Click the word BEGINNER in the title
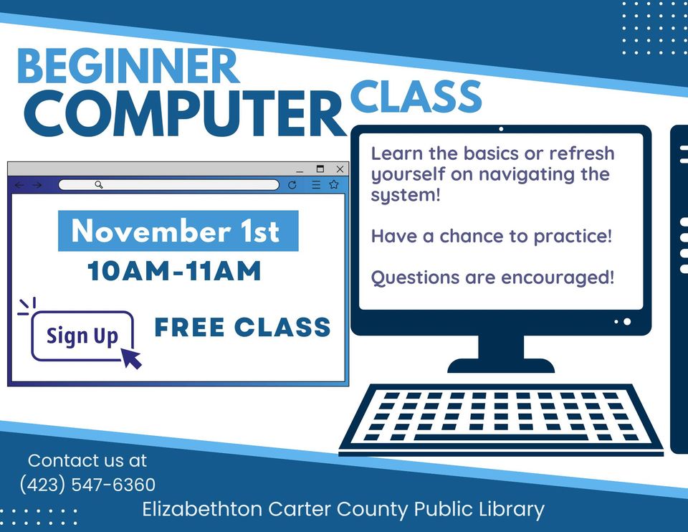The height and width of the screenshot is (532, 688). pos(128,65)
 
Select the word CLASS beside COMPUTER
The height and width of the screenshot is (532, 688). pos(416,96)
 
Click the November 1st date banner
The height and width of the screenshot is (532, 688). pos(178,231)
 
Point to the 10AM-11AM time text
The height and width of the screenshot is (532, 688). pos(174,272)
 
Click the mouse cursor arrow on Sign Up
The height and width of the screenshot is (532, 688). pos(130,357)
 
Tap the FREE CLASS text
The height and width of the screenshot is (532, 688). pos(242,328)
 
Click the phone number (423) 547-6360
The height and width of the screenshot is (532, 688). pos(87,484)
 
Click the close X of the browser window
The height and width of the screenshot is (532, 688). pos(340,169)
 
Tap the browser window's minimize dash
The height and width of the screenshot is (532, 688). pos(300,171)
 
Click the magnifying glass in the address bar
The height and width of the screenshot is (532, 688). pos(99,185)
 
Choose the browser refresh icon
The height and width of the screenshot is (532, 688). pos(292,185)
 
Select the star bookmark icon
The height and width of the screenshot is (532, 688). pos(333,185)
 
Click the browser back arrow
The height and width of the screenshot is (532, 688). pos(19,185)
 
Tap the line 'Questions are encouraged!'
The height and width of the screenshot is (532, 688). pos(492,277)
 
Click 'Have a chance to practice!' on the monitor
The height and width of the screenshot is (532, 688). pos(492,236)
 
